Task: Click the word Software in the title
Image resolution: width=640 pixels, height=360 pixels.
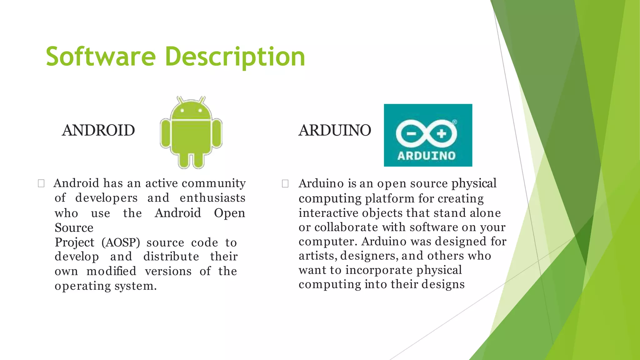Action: (101, 57)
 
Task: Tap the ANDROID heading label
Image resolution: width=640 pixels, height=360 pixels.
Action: (98, 130)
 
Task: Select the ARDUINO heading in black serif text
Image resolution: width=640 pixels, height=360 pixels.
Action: (335, 130)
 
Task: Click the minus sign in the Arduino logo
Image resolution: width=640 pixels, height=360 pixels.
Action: (411, 134)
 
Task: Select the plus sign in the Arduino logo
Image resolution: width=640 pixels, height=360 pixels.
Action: (441, 134)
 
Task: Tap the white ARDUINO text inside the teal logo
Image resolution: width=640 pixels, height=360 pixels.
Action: (427, 156)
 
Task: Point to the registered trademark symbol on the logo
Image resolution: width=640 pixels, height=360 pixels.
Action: (455, 122)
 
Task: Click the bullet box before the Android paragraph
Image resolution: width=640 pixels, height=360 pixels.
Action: (41, 183)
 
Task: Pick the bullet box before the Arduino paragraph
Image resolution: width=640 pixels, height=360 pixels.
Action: (285, 183)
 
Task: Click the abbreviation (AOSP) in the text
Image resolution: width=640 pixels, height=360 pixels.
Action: (121, 242)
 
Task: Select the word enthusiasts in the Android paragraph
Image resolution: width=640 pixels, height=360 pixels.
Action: (212, 198)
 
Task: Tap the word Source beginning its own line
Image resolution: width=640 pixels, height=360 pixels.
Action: (74, 228)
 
